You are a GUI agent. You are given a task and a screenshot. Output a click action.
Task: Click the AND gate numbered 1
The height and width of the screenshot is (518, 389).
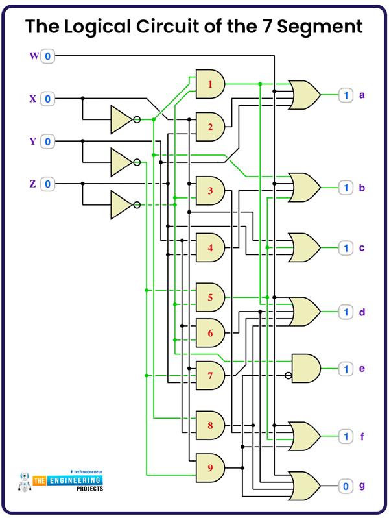pyautogui.click(x=210, y=84)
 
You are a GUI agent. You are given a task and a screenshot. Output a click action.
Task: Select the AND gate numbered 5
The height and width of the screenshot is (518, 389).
pyautogui.click(x=210, y=297)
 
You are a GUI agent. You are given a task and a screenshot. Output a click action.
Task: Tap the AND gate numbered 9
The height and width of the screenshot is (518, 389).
pyautogui.click(x=210, y=467)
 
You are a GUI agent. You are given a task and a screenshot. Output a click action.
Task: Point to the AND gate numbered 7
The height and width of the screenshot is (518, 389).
pyautogui.click(x=210, y=376)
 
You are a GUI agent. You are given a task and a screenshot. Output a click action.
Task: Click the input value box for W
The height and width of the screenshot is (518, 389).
pyautogui.click(x=49, y=56)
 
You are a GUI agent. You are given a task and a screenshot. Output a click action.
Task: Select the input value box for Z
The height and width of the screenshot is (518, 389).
pyautogui.click(x=49, y=184)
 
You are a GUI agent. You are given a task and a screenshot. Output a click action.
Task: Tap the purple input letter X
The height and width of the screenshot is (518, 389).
pyautogui.click(x=32, y=99)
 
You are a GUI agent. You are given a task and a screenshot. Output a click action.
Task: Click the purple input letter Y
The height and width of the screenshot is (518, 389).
pyautogui.click(x=32, y=142)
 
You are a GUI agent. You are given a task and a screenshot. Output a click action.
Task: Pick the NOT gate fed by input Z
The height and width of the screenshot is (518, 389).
pyautogui.click(x=123, y=204)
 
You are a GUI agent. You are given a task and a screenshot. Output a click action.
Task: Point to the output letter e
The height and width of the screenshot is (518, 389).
pyautogui.click(x=362, y=369)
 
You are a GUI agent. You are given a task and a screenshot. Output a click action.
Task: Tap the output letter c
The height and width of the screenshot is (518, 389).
pyautogui.click(x=362, y=248)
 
